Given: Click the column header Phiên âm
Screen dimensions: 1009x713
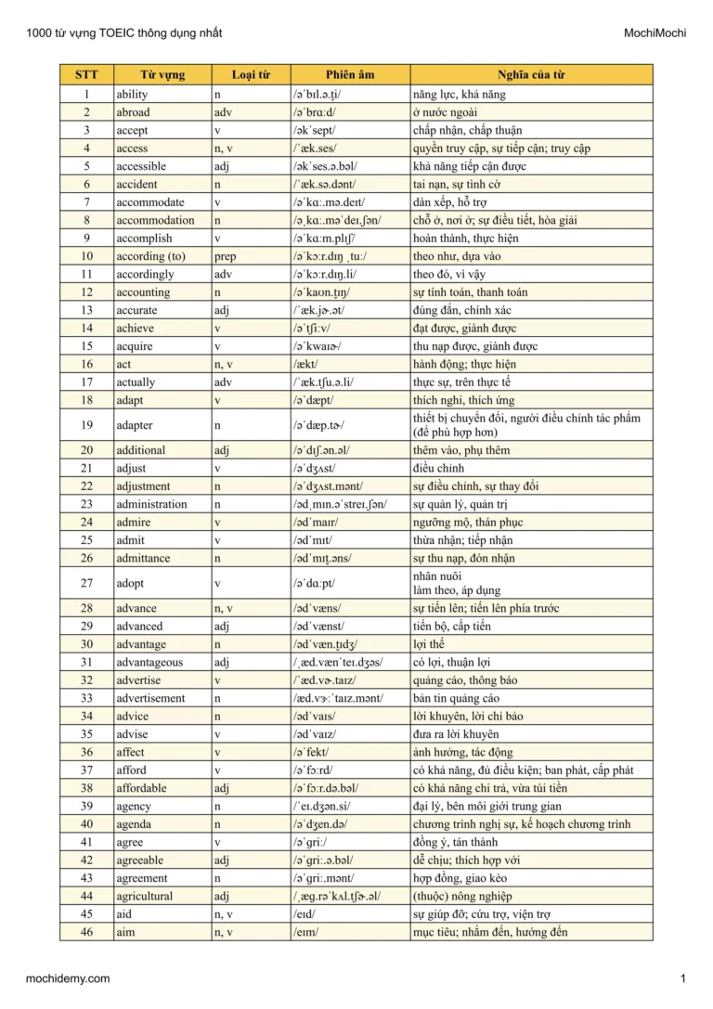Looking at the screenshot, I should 350,75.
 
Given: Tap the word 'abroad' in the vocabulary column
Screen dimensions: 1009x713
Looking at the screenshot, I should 133,112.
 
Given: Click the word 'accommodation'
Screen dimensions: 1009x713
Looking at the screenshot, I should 155,220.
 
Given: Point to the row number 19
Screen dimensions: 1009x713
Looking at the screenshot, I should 86,425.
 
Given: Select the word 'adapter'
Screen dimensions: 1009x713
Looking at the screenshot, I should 135,425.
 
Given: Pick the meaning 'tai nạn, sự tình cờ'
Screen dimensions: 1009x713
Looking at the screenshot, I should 457,184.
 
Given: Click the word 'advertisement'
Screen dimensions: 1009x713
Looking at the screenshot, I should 150,698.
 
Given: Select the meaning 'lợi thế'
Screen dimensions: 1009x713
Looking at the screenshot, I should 429,644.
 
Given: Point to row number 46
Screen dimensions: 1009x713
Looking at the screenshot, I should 86,932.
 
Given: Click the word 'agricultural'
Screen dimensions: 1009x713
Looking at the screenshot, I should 145,896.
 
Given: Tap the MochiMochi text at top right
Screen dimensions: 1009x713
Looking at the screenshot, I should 655,33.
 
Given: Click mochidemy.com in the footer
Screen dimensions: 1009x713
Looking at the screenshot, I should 68,978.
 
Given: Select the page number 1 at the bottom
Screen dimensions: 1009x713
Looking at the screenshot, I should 682,978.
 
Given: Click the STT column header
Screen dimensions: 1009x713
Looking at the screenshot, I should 86,75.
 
